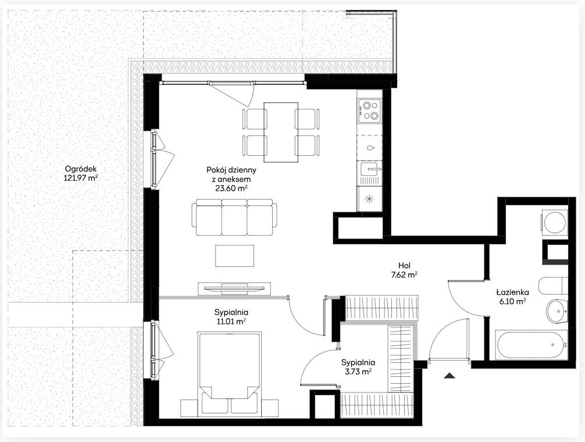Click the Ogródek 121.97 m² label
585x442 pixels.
81,173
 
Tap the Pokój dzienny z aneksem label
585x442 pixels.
231,179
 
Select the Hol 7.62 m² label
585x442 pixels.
404,270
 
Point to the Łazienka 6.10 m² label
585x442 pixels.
513,297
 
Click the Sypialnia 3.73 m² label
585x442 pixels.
358,366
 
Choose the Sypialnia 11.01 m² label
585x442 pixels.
231,317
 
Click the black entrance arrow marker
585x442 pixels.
450,376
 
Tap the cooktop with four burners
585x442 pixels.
369,110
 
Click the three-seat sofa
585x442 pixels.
234,218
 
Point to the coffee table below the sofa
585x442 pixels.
235,256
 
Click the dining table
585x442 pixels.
281,133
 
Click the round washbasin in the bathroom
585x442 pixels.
557,311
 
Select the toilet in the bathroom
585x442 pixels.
553,286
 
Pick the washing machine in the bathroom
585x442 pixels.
555,222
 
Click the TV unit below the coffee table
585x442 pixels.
234,288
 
